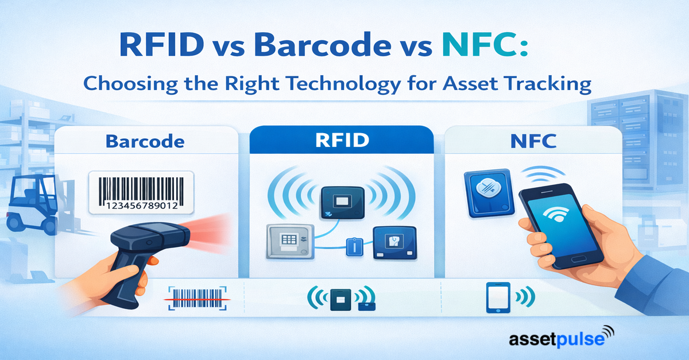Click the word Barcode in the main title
(322, 45)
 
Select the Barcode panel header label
(145, 142)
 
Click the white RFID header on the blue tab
(342, 140)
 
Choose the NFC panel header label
(533, 141)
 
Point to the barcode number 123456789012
(142, 206)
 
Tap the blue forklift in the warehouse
(32, 204)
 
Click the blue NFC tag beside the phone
(489, 192)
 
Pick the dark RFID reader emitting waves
(343, 203)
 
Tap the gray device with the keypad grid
(291, 241)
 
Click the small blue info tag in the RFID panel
(355, 247)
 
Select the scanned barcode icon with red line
(197, 299)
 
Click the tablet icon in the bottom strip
(498, 297)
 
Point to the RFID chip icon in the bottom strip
(340, 299)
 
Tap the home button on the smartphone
(578, 259)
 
